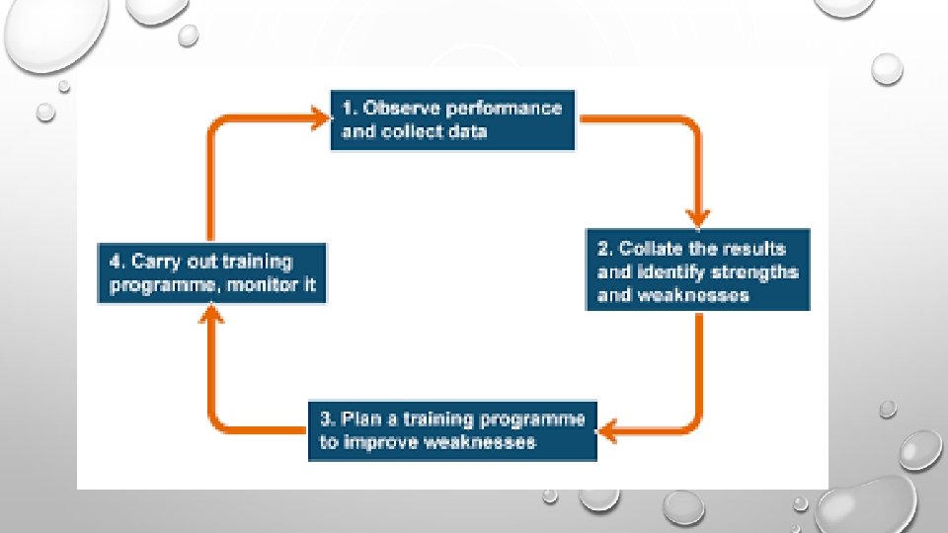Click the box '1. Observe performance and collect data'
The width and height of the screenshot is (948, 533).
(x=452, y=120)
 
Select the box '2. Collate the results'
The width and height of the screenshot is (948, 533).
(x=698, y=269)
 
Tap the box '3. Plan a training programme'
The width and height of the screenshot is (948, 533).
(x=452, y=430)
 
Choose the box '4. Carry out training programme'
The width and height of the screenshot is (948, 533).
(x=212, y=273)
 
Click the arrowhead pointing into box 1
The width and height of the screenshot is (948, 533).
(x=318, y=119)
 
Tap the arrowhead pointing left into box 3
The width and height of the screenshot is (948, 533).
(x=611, y=429)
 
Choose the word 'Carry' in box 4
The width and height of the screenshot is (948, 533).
(x=164, y=262)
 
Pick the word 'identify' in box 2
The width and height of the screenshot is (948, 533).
(x=671, y=271)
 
